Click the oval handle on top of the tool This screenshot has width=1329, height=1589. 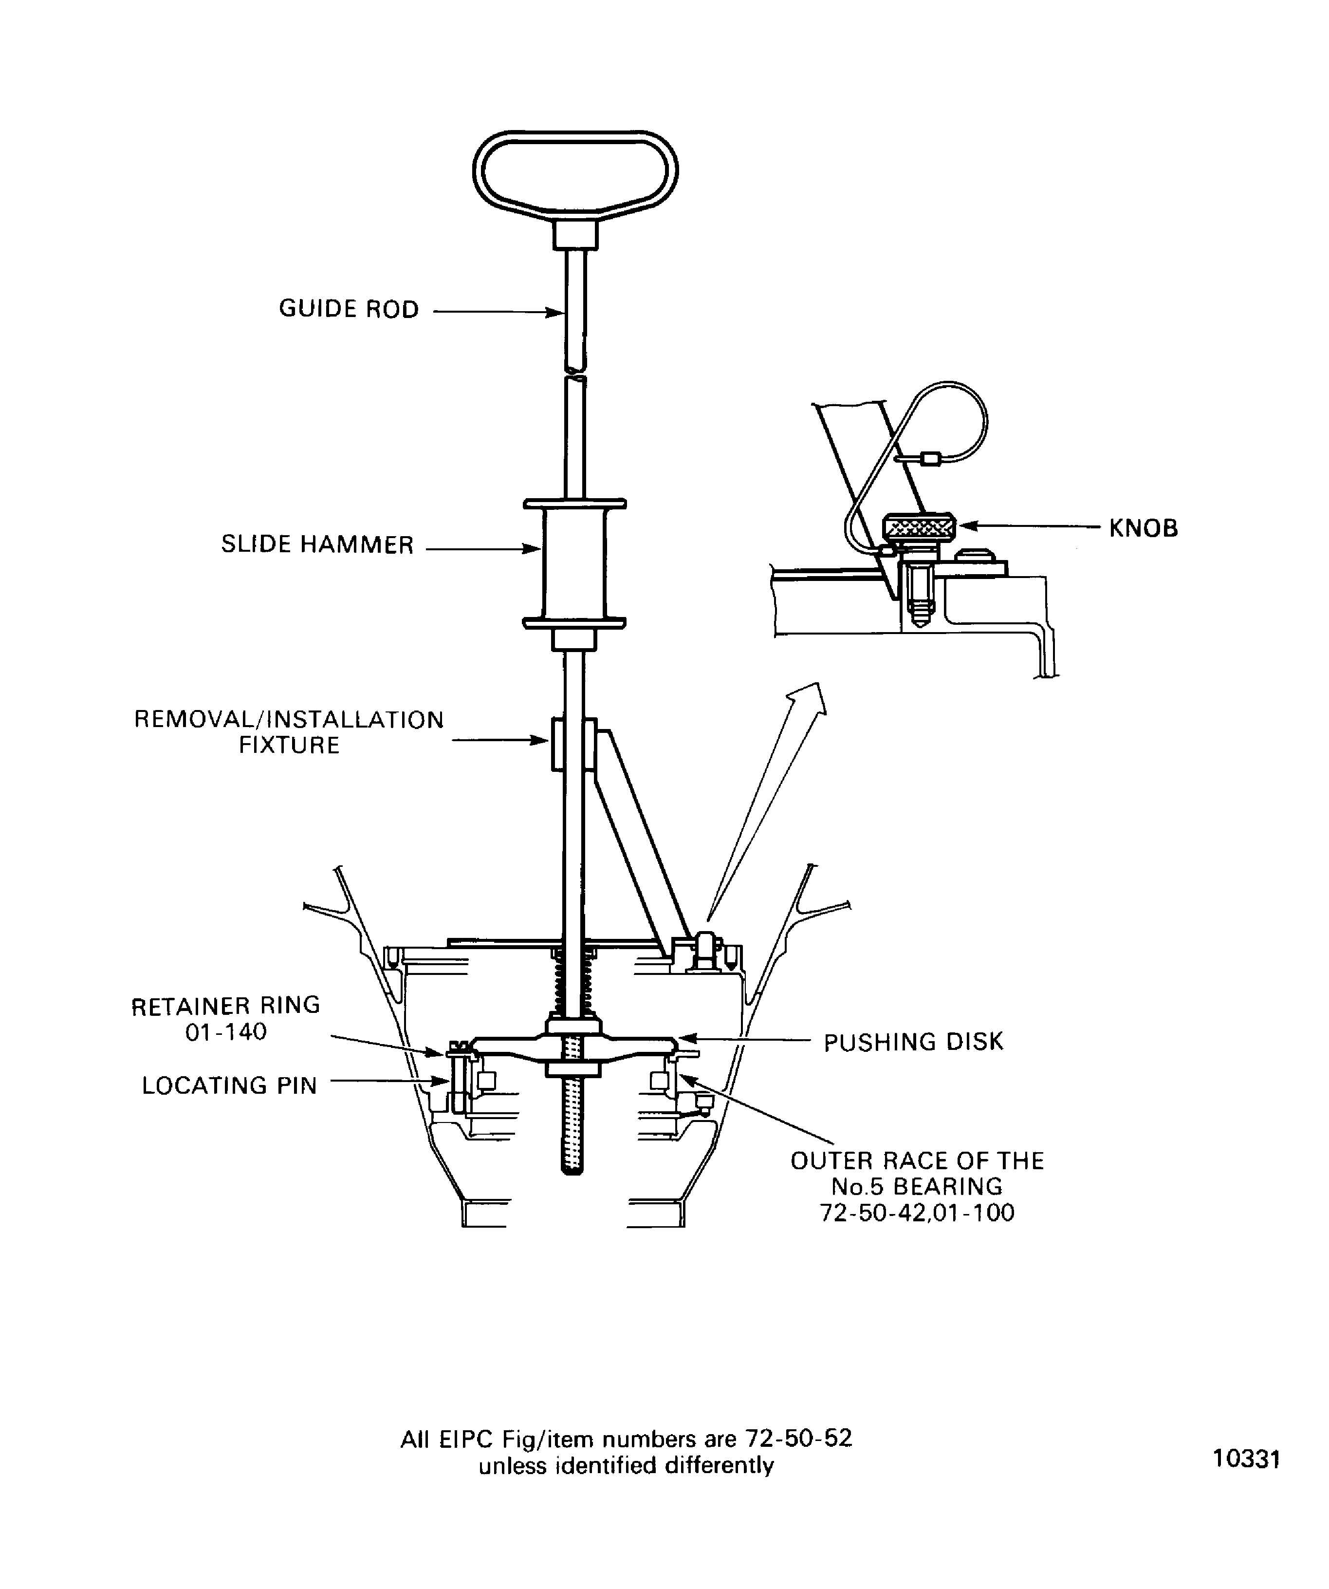tap(575, 172)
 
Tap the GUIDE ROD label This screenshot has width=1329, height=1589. tap(349, 310)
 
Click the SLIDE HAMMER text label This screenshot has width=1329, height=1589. tap(317, 545)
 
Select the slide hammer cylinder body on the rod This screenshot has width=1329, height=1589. tap(574, 564)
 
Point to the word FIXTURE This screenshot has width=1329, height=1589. tap(289, 746)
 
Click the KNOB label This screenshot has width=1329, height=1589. tap(1143, 528)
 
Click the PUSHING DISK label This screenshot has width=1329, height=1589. tap(913, 1043)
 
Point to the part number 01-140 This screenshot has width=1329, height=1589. tap(226, 1032)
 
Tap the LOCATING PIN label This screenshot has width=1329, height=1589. tap(229, 1086)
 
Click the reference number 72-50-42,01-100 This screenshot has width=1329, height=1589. tap(917, 1213)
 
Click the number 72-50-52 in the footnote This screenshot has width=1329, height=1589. tap(799, 1439)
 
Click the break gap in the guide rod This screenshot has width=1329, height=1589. tap(575, 374)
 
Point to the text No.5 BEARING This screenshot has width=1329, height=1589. tap(917, 1186)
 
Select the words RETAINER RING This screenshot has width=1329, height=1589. tap(226, 1006)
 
